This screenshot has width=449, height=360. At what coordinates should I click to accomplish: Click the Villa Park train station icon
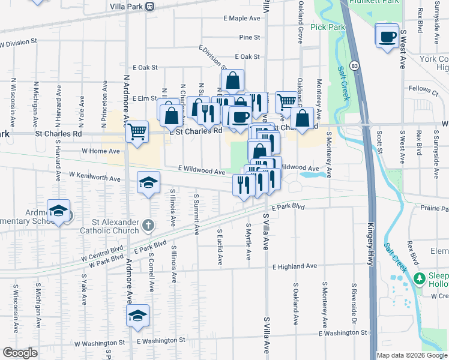tap(150, 6)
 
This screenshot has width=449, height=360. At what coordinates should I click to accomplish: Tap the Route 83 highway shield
tap(355, 64)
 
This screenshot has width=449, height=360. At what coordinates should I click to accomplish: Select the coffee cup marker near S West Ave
tap(387, 36)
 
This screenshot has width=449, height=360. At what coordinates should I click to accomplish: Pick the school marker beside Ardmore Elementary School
tap(59, 211)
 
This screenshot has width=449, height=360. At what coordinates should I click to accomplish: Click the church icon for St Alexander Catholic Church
tap(148, 226)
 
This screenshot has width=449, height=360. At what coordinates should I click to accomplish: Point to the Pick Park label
tap(328, 27)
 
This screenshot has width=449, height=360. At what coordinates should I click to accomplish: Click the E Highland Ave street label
tap(294, 266)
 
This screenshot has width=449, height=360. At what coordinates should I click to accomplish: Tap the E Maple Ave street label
tap(242, 19)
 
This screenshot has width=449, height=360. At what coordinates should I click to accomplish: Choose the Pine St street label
tap(249, 37)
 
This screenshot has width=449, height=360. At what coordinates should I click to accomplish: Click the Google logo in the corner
tap(20, 353)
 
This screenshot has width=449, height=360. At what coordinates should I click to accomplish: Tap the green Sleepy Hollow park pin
tap(418, 278)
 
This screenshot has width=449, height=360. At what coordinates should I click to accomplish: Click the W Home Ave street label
tap(101, 151)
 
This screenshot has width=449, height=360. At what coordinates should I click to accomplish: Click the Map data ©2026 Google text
tap(411, 355)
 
